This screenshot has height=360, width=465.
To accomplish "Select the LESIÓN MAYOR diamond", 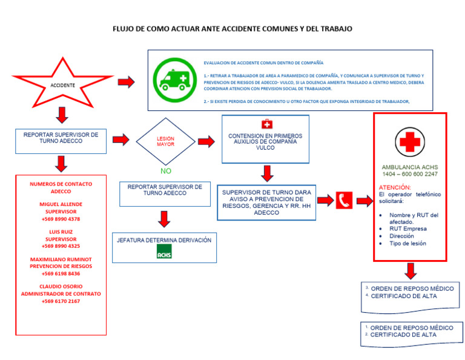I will [x=165, y=141].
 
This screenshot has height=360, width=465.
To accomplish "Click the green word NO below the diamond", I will [x=166, y=171].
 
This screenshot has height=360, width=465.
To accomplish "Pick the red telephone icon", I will [x=344, y=201].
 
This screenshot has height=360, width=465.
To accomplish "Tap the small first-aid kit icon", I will [x=267, y=124].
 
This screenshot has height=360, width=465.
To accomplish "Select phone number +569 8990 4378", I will [x=61, y=219].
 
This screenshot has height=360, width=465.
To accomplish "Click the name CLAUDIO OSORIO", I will [x=61, y=286].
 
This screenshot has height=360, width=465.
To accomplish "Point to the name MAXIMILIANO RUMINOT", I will [x=61, y=259].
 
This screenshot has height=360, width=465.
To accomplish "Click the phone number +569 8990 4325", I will [x=61, y=246].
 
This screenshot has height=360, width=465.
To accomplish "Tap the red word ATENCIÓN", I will [x=395, y=187].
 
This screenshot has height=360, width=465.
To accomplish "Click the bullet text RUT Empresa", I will [x=407, y=228].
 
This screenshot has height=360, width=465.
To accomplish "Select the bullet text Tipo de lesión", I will [x=407, y=243].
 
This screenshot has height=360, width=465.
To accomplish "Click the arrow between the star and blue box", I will [x=126, y=81].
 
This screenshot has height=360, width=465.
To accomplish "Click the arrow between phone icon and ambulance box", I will [x=364, y=201].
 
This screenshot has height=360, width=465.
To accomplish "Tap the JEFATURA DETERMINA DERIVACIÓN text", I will [x=164, y=240].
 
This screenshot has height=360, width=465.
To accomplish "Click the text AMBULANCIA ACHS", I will [x=410, y=167].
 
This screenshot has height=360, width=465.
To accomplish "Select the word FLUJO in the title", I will [x=125, y=28].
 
